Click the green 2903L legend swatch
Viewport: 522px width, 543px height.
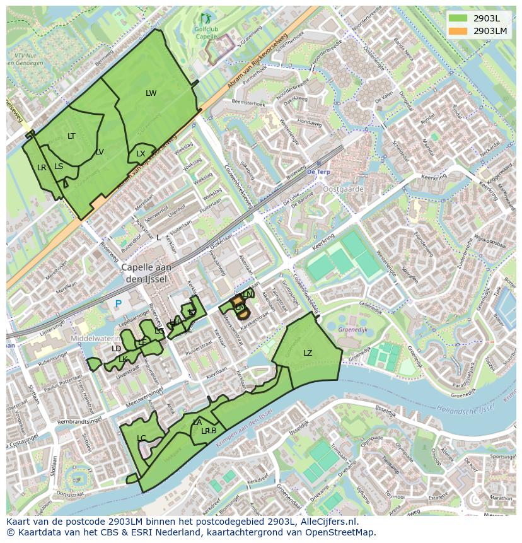click(x=458, y=18)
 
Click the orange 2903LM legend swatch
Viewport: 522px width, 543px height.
click(x=458, y=30)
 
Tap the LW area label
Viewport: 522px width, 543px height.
click(x=151, y=93)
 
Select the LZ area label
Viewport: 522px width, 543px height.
click(x=308, y=353)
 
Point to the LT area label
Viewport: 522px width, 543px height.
click(x=71, y=136)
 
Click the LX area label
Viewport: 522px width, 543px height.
click(x=141, y=154)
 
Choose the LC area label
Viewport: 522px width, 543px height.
click(x=141, y=438)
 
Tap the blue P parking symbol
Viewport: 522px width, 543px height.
click(x=117, y=304)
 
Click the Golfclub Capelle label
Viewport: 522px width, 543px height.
click(x=207, y=33)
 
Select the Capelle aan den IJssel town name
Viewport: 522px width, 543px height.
click(x=146, y=272)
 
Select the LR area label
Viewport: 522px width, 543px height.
click(x=42, y=168)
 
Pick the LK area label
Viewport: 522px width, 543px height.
click(x=123, y=359)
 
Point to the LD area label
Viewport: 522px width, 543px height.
click(x=116, y=349)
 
